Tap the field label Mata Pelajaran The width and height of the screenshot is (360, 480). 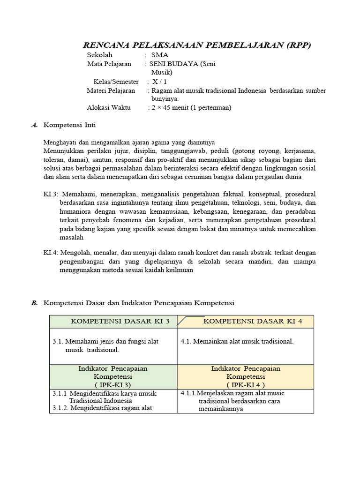(x=109, y=64)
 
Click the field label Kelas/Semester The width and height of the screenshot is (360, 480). (x=116, y=82)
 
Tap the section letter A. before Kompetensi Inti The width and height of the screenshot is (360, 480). (x=34, y=125)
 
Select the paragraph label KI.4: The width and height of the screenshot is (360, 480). (x=51, y=253)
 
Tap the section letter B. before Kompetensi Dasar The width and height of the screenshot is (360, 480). (x=34, y=303)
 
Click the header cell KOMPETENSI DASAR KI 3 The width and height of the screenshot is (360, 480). (x=113, y=321)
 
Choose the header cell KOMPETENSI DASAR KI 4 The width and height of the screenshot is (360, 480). (x=253, y=321)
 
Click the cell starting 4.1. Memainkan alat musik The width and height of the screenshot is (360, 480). (x=237, y=341)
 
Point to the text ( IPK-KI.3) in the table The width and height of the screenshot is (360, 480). (x=112, y=384)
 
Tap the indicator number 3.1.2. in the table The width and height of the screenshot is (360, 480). (x=61, y=408)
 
